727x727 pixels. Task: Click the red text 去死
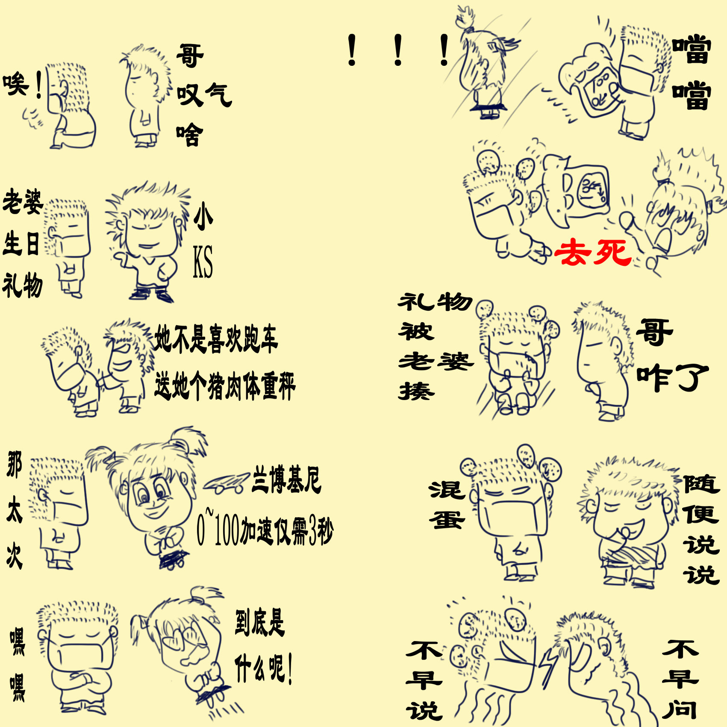(593, 252)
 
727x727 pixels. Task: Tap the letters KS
(203, 262)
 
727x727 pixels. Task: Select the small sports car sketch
(226, 483)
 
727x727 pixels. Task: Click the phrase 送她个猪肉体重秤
(225, 386)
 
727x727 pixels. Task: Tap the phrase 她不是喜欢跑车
(216, 339)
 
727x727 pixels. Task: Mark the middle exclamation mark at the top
(398, 50)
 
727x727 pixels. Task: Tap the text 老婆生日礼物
(22, 243)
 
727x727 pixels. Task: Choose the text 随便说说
(701, 530)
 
